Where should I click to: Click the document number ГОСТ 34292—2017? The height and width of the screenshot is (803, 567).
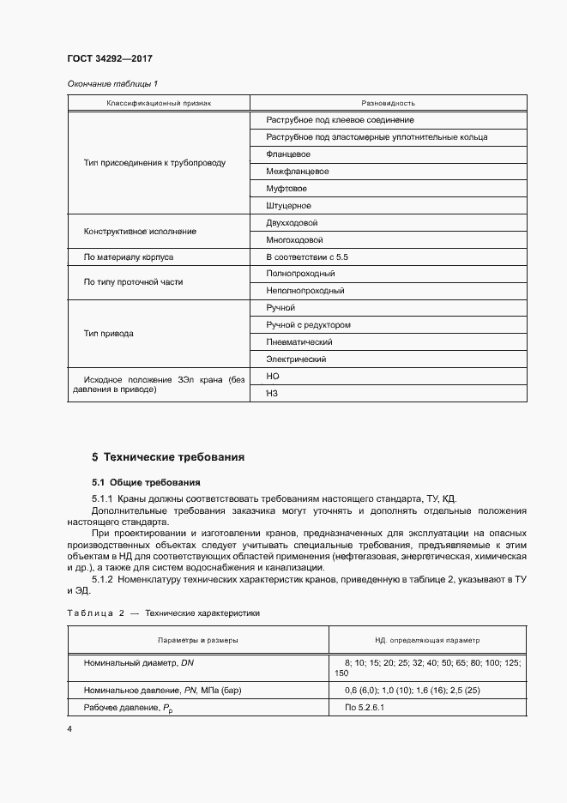[109, 59]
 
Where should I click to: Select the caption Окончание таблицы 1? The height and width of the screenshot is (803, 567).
[112, 84]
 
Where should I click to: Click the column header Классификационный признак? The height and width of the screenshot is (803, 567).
[158, 103]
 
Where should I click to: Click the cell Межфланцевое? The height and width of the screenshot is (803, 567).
[297, 172]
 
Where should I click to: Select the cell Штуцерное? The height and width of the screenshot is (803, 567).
[288, 206]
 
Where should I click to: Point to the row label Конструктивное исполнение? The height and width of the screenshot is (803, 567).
[140, 232]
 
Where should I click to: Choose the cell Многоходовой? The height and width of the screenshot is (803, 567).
[294, 240]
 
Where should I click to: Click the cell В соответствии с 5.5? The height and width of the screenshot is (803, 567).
[306, 257]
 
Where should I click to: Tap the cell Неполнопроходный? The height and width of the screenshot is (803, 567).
[305, 291]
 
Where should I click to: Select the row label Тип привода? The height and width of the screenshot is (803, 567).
[108, 334]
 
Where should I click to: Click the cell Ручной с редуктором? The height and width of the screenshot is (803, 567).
[308, 325]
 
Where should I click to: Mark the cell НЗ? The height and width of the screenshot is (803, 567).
[273, 393]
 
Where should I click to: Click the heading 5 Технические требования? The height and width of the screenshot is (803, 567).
[168, 457]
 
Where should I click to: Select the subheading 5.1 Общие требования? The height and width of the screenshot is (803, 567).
[146, 482]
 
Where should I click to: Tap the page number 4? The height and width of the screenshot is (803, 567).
[69, 729]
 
